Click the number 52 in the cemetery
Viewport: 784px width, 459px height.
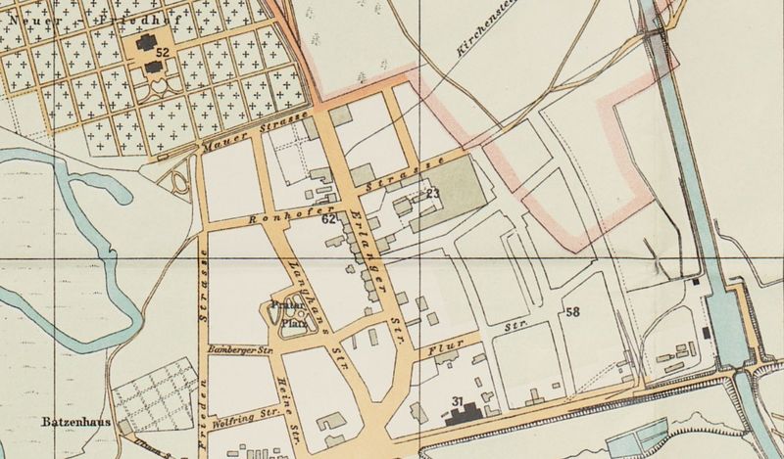coord(163,51)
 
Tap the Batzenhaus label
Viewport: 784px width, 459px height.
coord(71,425)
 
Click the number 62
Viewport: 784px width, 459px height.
coord(329,220)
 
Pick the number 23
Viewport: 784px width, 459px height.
coord(433,193)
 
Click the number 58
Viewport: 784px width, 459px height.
coord(572,312)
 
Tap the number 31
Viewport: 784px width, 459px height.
coord(457,401)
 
